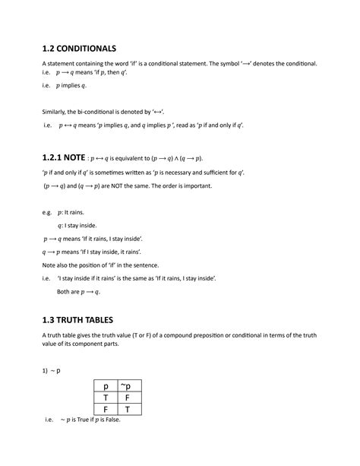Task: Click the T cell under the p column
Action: tap(106, 398)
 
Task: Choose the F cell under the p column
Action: tap(106, 410)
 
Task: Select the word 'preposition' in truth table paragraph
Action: tap(197, 336)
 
